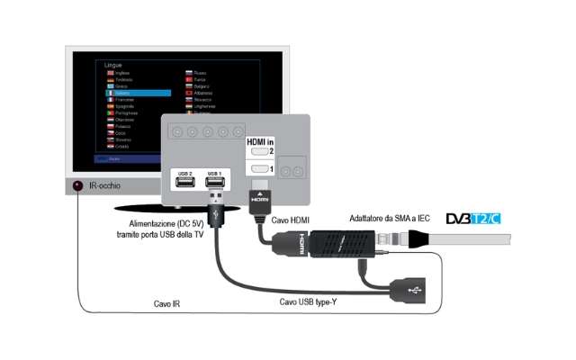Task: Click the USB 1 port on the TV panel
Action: [214, 182]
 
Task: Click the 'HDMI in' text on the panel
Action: [258, 139]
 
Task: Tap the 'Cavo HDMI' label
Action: [291, 219]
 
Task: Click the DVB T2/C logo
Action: [472, 219]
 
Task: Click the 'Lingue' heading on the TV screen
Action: [113, 66]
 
